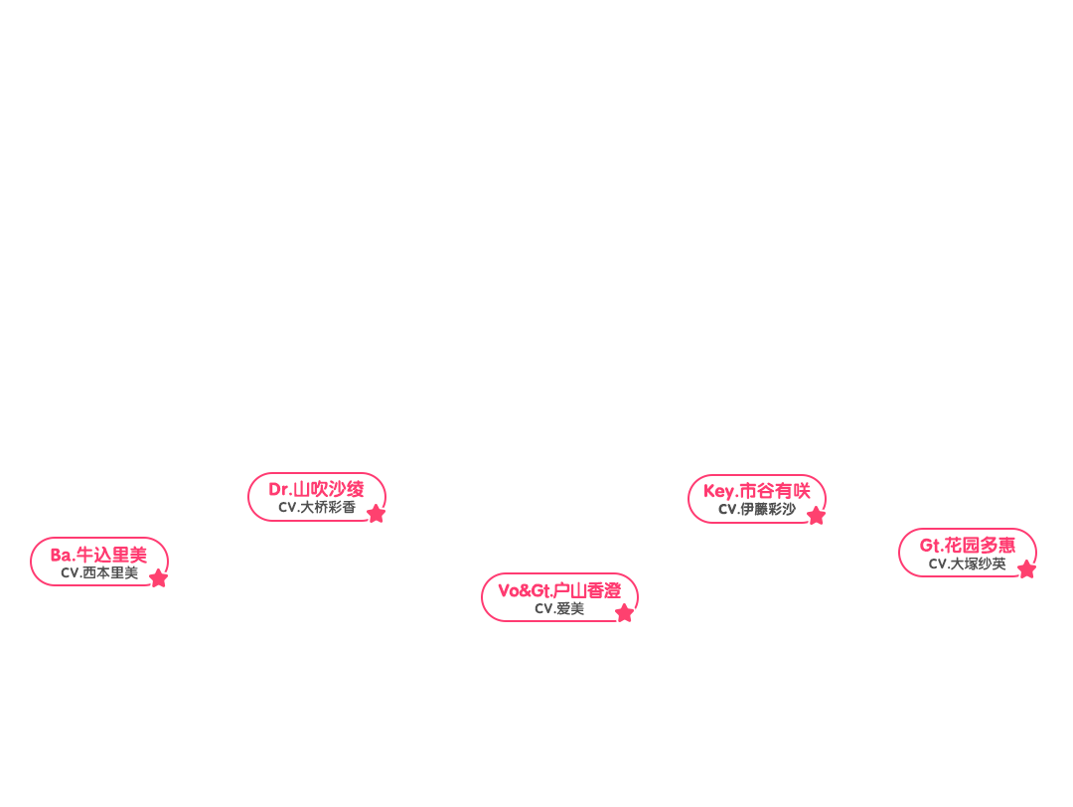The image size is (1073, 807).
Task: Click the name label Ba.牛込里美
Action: [x=98, y=555]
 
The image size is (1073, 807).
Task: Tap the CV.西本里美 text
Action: [x=99, y=572]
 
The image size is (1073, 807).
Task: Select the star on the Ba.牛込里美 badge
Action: [x=159, y=578]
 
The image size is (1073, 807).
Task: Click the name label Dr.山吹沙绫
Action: [x=316, y=489]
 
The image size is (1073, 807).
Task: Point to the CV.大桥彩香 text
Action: [x=316, y=507]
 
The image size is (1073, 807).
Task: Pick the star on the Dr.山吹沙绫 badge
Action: [x=376, y=514]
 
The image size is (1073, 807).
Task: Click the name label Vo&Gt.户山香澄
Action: [x=559, y=590]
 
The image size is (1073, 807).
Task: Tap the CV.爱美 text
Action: [x=559, y=608]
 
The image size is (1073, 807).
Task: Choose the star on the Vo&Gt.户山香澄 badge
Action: [x=624, y=613]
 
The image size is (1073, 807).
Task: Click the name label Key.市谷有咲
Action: [x=757, y=491]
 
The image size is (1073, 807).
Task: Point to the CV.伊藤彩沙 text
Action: [x=757, y=509]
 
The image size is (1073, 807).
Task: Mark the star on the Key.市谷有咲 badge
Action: [x=816, y=516]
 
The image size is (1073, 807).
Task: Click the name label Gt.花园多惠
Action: [x=968, y=545]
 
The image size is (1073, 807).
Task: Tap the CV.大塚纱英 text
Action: [x=968, y=564]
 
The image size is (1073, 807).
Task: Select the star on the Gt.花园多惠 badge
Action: [x=1026, y=569]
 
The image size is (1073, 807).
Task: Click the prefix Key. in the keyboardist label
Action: [x=720, y=491]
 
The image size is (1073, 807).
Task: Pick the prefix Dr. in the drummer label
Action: [x=279, y=489]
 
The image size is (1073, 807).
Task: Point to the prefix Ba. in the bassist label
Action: [x=63, y=555]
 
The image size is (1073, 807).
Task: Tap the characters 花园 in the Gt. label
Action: [x=962, y=545]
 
